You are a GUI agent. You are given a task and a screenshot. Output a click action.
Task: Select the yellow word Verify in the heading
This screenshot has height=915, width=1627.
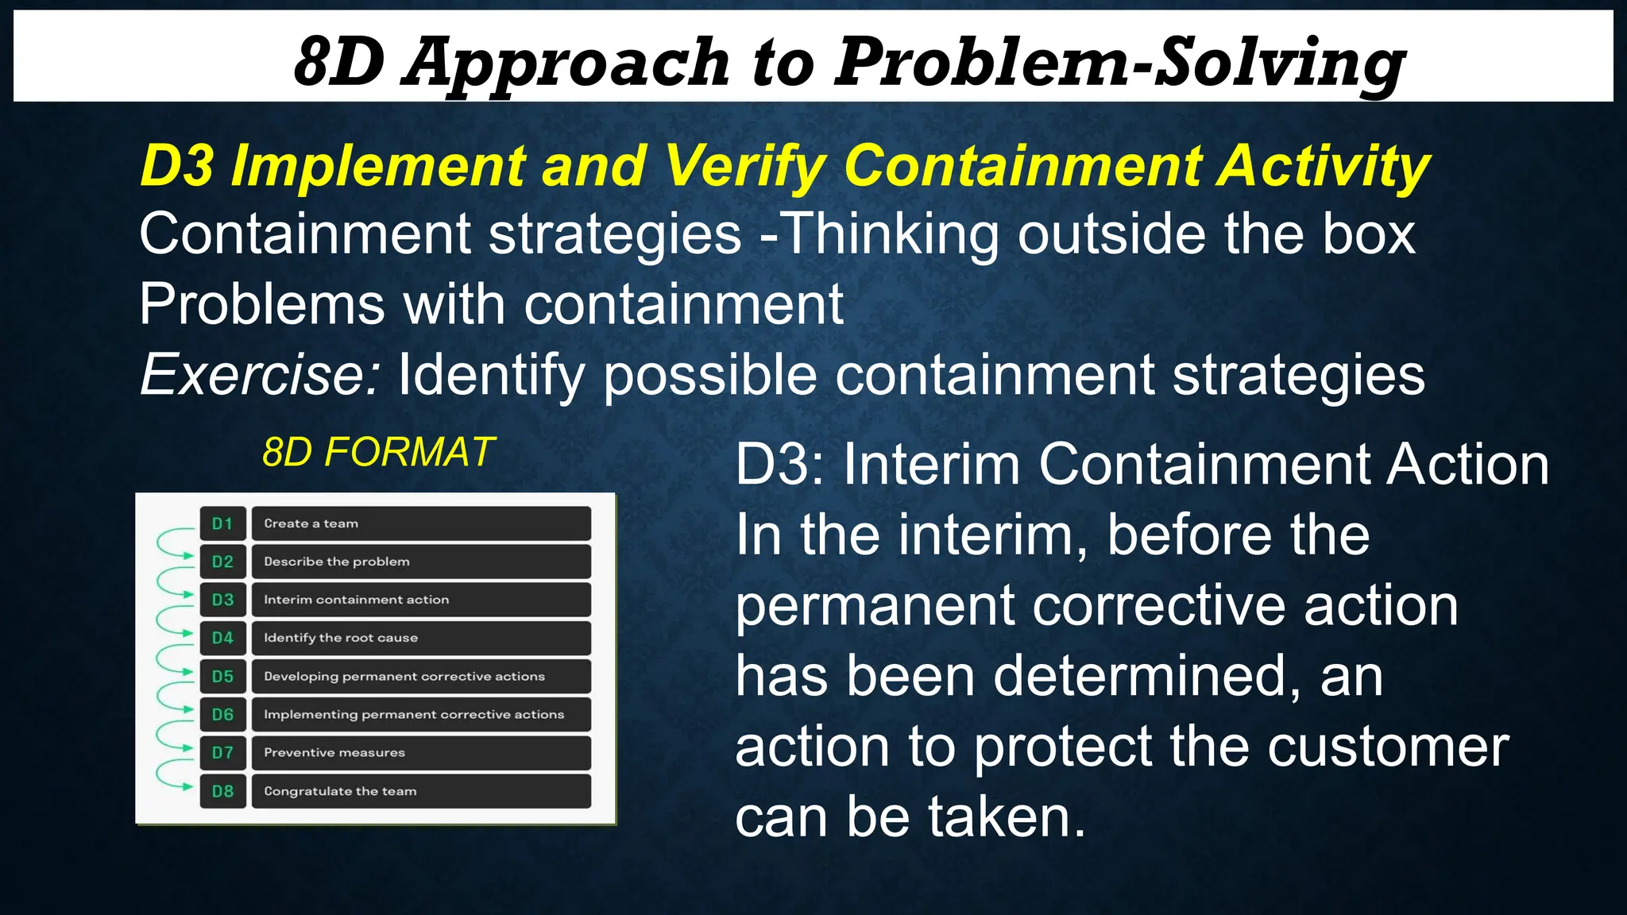coord(744,166)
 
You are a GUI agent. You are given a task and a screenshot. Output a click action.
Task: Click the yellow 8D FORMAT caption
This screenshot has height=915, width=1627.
coord(378,453)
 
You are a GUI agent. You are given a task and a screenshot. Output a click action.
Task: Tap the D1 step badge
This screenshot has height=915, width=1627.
coord(222,524)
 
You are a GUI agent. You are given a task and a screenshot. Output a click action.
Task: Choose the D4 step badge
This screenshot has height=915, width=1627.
coord(222,639)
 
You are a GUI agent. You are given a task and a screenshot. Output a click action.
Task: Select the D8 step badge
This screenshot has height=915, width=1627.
coord(222,792)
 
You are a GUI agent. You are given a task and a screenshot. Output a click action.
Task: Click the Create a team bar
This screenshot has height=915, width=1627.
coord(421,524)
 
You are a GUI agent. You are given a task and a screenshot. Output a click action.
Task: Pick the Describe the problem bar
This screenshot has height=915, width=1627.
coord(421,562)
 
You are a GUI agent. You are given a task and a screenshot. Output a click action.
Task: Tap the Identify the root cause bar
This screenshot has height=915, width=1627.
coord(421,639)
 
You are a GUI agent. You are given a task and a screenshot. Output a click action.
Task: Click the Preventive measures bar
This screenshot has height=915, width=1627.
coord(421,753)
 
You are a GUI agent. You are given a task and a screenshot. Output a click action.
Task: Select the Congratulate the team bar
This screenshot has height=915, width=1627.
coord(421,792)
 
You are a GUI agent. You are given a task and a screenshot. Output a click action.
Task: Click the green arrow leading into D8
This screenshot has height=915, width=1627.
coord(170,778)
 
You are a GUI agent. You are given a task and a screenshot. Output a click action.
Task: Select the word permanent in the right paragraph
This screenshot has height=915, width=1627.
coord(875,607)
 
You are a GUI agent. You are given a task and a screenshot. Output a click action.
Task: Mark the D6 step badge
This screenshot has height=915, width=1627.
coord(222,715)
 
